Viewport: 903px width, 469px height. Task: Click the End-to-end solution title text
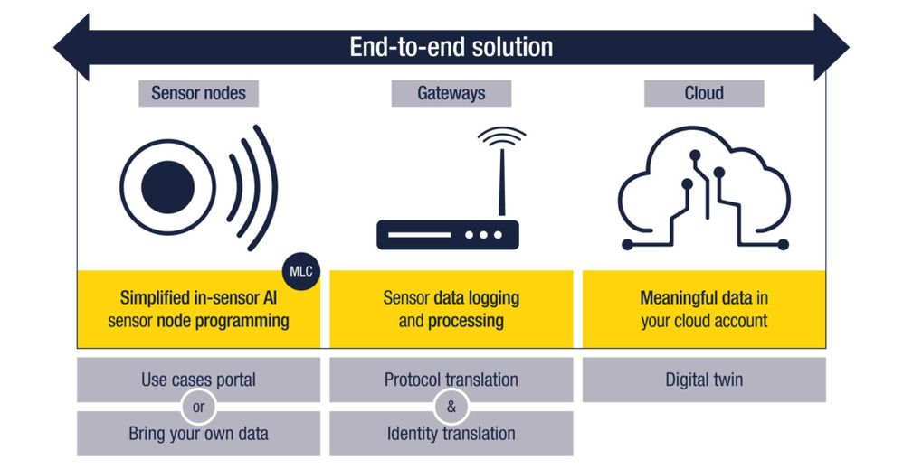(x=451, y=47)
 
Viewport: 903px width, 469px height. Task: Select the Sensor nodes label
(x=198, y=93)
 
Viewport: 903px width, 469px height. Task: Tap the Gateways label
(x=451, y=93)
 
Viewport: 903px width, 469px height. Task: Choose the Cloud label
(x=703, y=93)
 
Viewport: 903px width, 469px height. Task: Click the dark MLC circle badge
(x=302, y=270)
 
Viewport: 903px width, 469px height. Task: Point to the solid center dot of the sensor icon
(x=168, y=187)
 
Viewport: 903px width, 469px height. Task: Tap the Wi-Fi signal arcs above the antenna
(x=501, y=138)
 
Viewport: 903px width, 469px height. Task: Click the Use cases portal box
(x=198, y=380)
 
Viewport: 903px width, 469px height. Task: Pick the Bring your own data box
(x=198, y=434)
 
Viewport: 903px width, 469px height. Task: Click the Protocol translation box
(x=451, y=380)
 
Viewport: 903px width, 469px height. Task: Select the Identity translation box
(x=451, y=434)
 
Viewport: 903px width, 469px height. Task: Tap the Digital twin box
(x=703, y=380)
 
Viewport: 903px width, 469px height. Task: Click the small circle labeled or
(x=198, y=407)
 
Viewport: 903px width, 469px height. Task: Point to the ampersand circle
(x=451, y=407)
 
